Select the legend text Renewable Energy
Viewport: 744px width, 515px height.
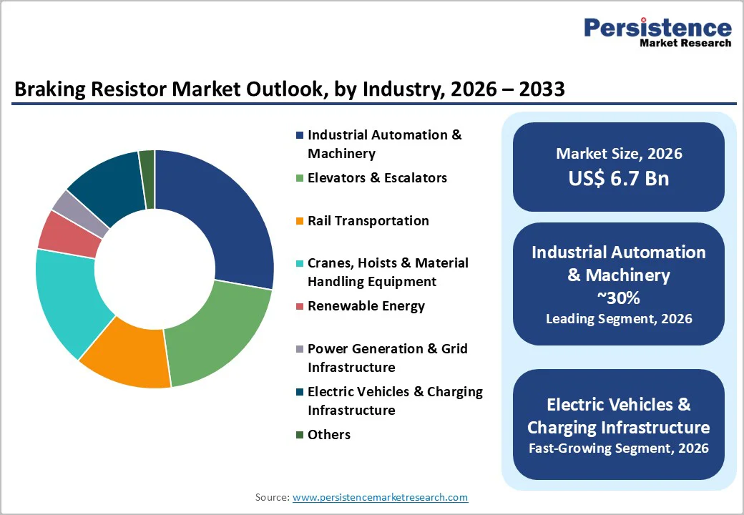coord(366,306)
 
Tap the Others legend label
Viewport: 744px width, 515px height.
coord(328,435)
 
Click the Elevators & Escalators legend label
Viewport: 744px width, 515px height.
coord(377,178)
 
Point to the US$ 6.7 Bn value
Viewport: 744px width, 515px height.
coord(619,178)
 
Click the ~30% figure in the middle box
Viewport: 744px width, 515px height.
coord(619,297)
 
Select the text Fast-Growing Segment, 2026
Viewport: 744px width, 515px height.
coord(619,448)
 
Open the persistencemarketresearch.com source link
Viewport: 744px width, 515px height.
coord(380,497)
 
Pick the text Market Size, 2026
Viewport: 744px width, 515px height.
coord(619,153)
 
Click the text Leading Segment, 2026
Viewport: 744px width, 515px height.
coord(619,319)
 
